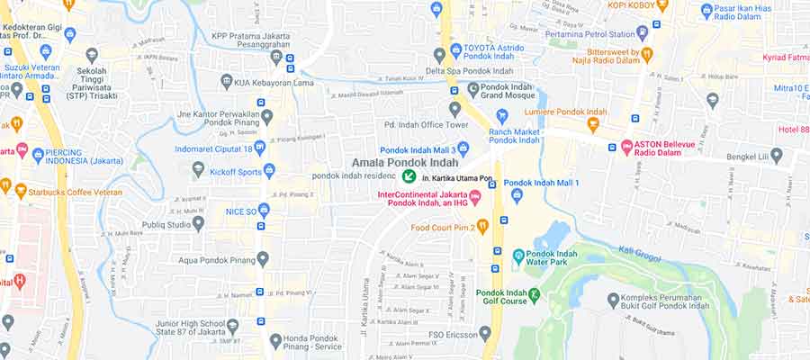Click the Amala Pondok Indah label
point(405,163)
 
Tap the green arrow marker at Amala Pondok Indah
point(409,176)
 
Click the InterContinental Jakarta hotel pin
point(476,196)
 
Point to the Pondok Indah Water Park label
point(557,261)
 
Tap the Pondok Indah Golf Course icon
point(535,294)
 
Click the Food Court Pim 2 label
point(442,227)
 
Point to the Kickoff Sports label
point(236,171)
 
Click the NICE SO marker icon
point(264,211)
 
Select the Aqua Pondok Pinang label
point(211,259)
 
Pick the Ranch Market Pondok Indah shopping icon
point(502,116)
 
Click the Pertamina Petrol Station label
point(589,33)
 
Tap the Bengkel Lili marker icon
point(777,156)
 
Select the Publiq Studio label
point(166,224)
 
